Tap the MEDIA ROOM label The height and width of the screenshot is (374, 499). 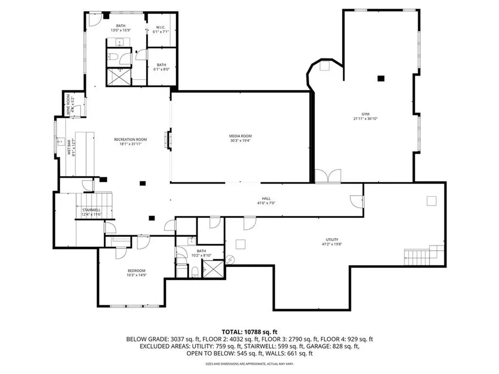pyautogui.click(x=241, y=136)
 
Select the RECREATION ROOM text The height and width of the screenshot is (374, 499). pyautogui.click(x=130, y=139)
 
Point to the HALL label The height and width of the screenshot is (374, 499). pyautogui.click(x=266, y=198)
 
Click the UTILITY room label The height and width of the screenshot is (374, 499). pyautogui.click(x=333, y=240)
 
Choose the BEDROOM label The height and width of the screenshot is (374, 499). pyautogui.click(x=136, y=270)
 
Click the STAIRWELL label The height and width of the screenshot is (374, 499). pyautogui.click(x=91, y=210)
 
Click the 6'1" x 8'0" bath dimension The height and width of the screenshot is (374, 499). pyautogui.click(x=161, y=69)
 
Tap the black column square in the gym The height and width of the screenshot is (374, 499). pyautogui.click(x=381, y=78)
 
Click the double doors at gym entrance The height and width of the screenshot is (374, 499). pyautogui.click(x=328, y=176)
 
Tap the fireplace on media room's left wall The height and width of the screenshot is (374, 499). pyautogui.click(x=169, y=139)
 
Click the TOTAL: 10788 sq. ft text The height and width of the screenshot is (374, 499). pyautogui.click(x=249, y=331)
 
